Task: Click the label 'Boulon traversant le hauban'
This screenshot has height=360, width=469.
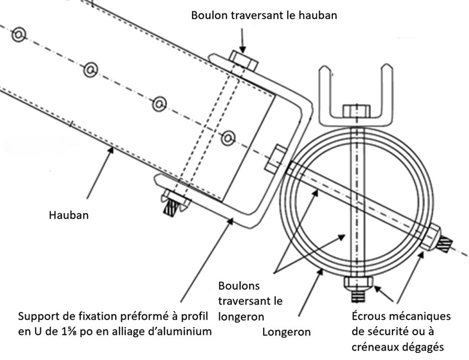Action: click(264, 15)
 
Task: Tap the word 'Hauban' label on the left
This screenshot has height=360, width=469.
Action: click(67, 215)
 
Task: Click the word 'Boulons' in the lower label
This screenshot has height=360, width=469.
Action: click(239, 286)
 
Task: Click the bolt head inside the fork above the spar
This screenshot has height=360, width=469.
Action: click(357, 111)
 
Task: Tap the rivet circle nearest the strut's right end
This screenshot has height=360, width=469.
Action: click(229, 137)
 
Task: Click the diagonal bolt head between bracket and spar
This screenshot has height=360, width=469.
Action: click(276, 158)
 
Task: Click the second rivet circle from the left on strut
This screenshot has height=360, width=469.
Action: click(90, 70)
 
